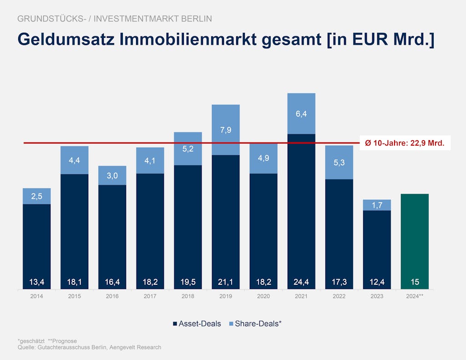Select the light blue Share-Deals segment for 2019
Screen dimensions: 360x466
(x=226, y=130)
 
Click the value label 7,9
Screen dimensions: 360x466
(x=226, y=130)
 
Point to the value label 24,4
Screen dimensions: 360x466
(x=301, y=282)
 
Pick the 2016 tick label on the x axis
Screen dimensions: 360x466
(x=112, y=296)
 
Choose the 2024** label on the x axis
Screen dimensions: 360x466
(x=415, y=296)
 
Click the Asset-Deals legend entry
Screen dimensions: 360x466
(x=197, y=324)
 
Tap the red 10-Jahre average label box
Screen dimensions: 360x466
(x=405, y=143)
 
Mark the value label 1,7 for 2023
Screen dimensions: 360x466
(x=377, y=205)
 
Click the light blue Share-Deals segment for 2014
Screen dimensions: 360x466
(x=37, y=196)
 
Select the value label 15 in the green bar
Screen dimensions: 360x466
(x=415, y=282)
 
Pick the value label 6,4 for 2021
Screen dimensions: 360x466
(x=301, y=114)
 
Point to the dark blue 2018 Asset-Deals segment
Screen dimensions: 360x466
(x=188, y=223)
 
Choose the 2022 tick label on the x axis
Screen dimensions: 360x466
(x=339, y=296)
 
